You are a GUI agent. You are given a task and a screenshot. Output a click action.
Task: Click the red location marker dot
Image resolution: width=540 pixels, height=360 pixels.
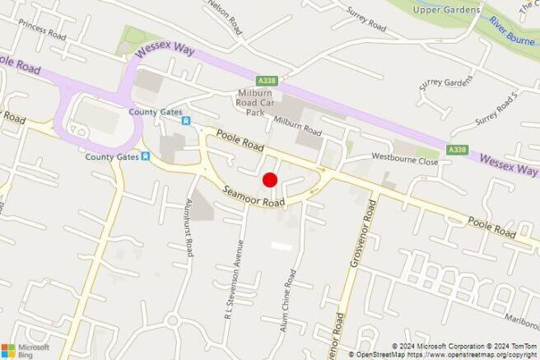[268, 180]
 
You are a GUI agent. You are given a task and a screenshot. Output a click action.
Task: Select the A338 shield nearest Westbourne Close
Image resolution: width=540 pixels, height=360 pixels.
[456, 149]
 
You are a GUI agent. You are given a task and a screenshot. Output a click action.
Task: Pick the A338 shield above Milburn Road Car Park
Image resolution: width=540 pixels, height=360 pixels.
[266, 81]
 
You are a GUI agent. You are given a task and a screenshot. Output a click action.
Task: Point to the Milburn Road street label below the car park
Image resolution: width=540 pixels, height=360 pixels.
[296, 128]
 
